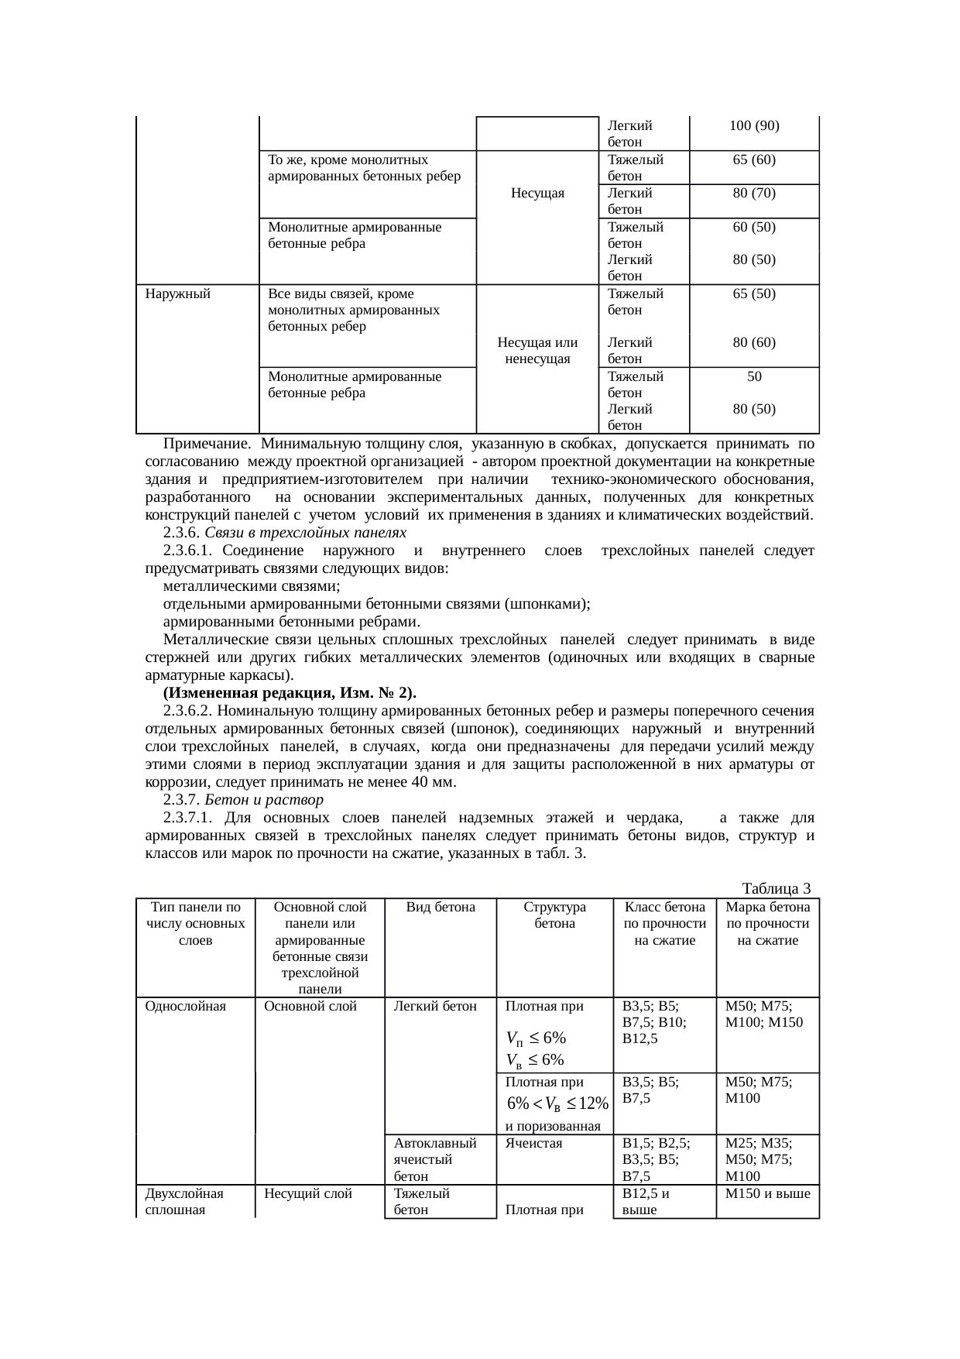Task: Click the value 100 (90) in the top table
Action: [754, 125]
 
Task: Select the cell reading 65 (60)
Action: [754, 160]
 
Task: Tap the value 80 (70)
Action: [754, 193]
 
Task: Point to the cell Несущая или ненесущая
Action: [537, 350]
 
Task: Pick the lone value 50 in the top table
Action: [754, 376]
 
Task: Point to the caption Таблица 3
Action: [776, 887]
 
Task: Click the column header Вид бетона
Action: [441, 907]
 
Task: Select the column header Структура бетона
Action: [554, 915]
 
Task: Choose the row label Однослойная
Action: [186, 1006]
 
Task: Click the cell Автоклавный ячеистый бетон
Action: [434, 1159]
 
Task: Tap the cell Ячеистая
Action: [533, 1143]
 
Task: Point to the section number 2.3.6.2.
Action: [188, 710]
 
